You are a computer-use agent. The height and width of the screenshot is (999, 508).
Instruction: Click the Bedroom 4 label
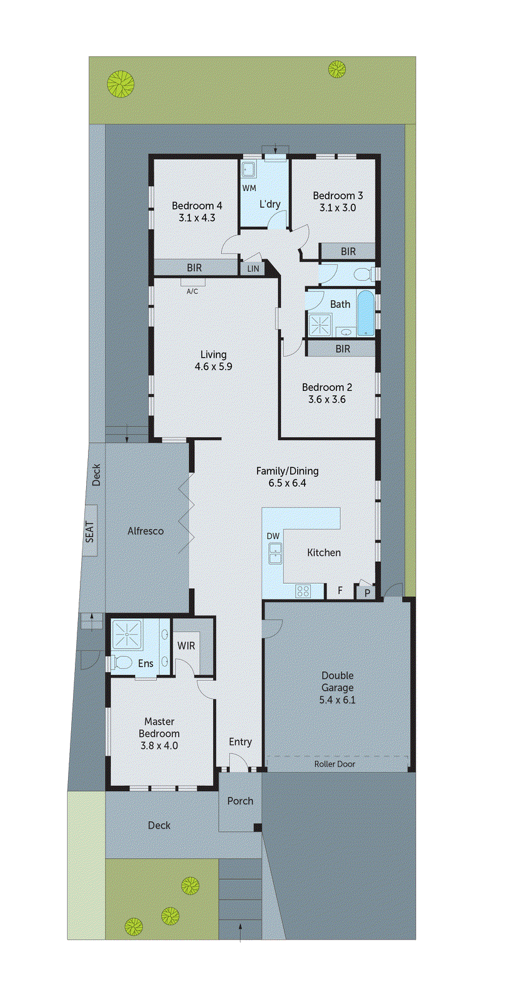pos(197,205)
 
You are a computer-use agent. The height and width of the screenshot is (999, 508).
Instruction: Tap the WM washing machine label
pos(249,188)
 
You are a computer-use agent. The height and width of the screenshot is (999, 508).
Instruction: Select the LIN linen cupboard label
pos(253,269)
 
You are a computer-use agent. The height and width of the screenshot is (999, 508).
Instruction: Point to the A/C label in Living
pos(192,291)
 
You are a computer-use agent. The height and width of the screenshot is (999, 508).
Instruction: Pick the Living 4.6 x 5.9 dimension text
pos(213,367)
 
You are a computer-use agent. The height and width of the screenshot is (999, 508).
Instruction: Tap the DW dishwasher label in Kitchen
pos(273,536)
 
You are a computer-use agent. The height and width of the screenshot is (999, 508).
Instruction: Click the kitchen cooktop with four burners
pos(303,591)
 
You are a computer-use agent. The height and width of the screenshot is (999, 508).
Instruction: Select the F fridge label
pos(340,590)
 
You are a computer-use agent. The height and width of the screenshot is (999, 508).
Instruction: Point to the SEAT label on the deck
pos(90,531)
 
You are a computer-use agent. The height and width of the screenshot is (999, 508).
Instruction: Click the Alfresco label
pos(145,531)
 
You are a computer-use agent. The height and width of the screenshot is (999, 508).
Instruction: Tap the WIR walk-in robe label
pos(186,646)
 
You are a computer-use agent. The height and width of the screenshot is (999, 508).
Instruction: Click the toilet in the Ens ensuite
pos(122,662)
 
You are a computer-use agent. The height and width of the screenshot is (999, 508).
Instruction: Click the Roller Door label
pos(335,764)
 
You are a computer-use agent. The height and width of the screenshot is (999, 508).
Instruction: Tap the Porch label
pos(240,801)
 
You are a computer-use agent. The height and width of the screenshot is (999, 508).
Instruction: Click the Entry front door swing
pos(238,760)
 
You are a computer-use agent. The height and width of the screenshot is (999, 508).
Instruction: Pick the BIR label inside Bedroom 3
pos(348,252)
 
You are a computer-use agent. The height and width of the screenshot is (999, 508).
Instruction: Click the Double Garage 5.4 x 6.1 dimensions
pos(337,700)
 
